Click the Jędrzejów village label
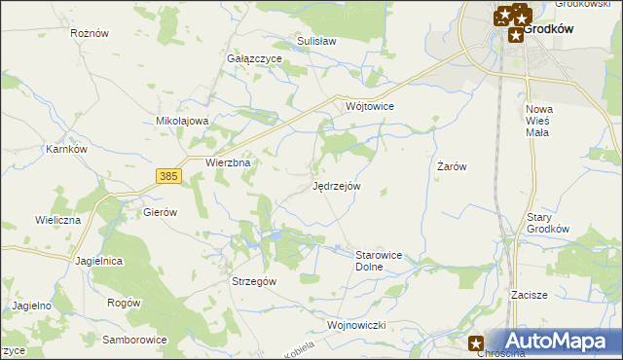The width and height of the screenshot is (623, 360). point(337,185)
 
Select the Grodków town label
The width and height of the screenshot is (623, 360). point(548,29)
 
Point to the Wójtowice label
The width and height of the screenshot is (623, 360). point(368,105)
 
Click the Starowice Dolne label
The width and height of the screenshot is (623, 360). point(379,260)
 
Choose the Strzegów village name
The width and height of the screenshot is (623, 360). point(254,280)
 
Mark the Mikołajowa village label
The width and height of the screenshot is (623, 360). point(183,121)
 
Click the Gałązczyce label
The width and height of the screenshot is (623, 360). point(254,58)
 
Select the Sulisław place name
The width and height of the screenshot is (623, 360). point(316,42)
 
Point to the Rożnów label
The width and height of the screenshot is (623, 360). point(89,32)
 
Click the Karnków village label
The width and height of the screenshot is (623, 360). point(67,150)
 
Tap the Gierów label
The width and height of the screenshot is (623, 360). point(160,211)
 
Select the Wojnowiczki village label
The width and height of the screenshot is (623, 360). point(357,324)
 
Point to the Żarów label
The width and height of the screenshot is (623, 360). point(452,166)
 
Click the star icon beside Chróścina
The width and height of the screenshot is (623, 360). point(476,342)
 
